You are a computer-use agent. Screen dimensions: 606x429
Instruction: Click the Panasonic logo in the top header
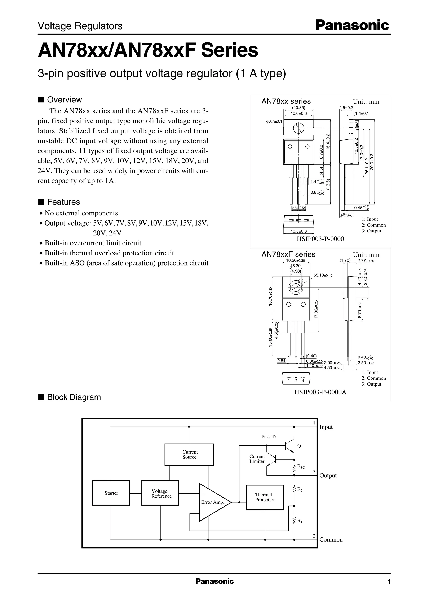tap(352, 26)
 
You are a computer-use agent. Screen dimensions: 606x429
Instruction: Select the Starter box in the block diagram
tap(111, 493)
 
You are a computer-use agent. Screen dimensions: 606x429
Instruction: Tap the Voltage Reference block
tap(160, 493)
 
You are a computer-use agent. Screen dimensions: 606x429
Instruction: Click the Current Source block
tap(189, 454)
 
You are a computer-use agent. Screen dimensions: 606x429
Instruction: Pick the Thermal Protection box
tap(265, 497)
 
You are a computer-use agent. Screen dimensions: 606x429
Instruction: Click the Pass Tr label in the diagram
tap(269, 437)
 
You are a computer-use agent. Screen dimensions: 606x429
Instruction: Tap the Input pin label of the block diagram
tap(326, 427)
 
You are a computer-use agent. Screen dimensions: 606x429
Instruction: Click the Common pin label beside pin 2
tap(331, 539)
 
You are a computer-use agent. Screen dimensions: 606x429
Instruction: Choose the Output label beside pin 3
tap(328, 476)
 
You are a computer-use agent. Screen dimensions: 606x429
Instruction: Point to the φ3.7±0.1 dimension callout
tap(274, 121)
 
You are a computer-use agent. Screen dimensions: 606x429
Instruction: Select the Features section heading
tap(63, 202)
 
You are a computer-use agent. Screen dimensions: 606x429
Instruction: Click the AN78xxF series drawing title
tap(288, 254)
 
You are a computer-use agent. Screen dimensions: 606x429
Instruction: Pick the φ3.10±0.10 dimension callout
tap(323, 275)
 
